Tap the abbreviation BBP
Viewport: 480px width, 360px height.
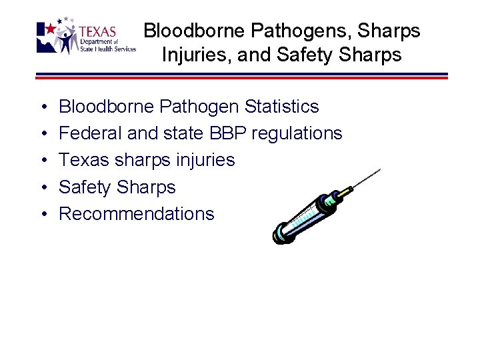tap(229, 133)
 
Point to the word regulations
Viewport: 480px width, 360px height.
tap(297, 133)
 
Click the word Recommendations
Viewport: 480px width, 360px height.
tap(137, 214)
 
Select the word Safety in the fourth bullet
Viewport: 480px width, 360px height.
tap(85, 187)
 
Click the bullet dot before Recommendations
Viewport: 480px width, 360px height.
tap(43, 215)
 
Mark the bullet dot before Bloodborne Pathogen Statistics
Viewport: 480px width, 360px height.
tap(43, 107)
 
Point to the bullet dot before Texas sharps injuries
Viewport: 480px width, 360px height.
tap(43, 161)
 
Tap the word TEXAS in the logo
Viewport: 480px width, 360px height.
tap(98, 32)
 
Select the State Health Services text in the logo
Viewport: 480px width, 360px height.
tap(107, 49)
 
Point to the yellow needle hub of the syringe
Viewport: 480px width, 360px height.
tap(344, 193)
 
